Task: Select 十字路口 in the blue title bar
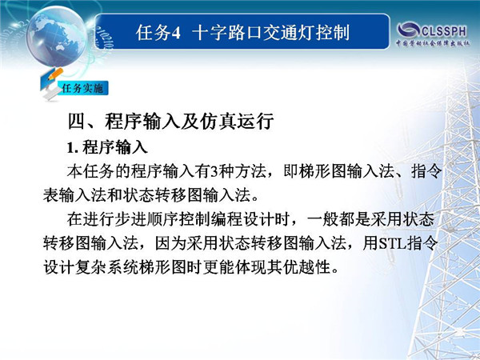point(227,32)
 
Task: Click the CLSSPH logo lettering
point(444,31)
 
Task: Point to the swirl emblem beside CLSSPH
point(409,30)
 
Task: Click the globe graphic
point(56,36)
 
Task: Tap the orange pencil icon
point(55,74)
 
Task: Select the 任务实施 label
point(82,89)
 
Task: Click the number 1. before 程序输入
point(73,148)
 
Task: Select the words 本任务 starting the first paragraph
point(91,171)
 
